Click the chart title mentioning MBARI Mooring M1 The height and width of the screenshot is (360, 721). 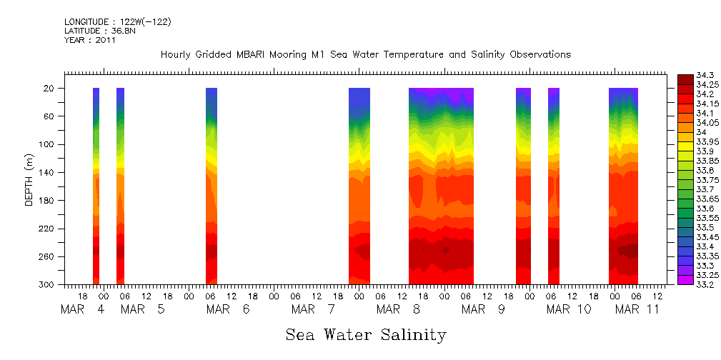click(x=366, y=55)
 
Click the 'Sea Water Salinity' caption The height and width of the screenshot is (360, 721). click(x=366, y=335)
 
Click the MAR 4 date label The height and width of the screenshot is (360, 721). click(x=83, y=310)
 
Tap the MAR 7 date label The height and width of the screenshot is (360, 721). click(x=317, y=310)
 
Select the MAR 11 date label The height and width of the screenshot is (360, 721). click(x=637, y=310)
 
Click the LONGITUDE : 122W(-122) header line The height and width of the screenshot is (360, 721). click(x=117, y=22)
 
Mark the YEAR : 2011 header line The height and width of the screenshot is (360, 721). click(x=89, y=41)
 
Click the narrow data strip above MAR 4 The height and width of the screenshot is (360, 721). click(x=96, y=186)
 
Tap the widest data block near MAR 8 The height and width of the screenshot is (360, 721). click(x=441, y=186)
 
